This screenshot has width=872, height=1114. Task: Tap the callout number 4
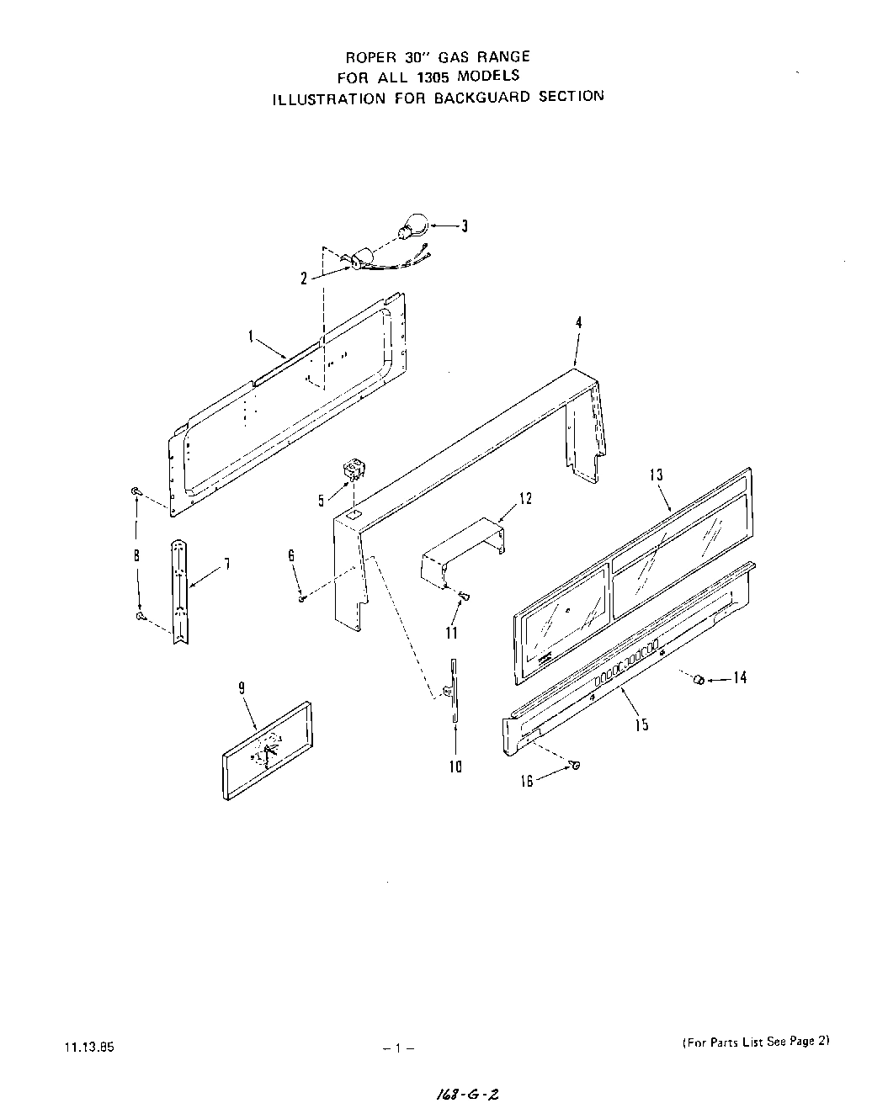coord(578,322)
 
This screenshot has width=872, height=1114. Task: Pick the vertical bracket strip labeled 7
coord(178,590)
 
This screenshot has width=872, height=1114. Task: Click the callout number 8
coord(136,555)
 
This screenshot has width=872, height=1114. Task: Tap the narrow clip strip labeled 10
coord(453,690)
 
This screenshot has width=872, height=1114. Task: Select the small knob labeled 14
coord(697,678)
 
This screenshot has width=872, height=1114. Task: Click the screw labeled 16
coord(576,765)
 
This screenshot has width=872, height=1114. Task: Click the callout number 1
coord(250,336)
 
